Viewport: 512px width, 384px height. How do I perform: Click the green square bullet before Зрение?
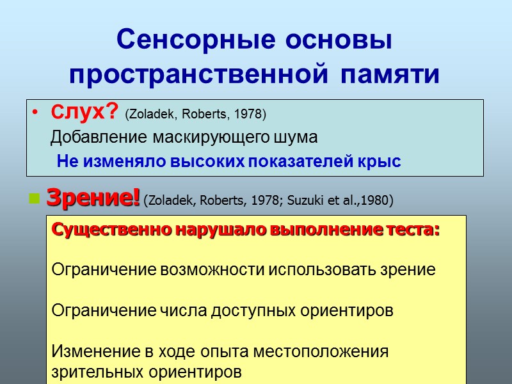(35, 200)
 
